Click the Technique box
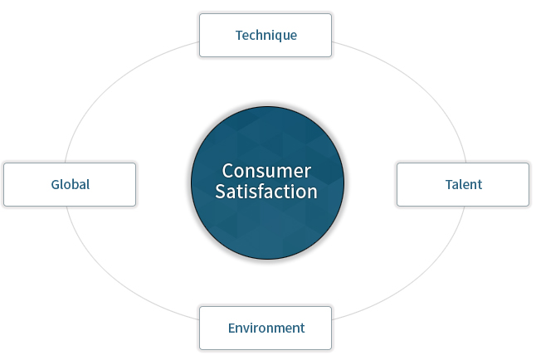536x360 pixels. point(266,35)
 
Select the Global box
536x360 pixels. point(70,185)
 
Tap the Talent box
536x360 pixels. point(463,185)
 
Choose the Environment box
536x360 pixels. point(266,328)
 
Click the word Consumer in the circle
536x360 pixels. point(266,171)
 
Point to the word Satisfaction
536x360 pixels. point(266,191)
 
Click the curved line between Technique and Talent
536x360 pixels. point(422,85)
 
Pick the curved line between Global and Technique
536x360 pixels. point(110,85)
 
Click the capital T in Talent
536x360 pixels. point(450,184)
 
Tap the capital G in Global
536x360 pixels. point(56,185)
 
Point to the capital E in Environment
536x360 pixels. point(231,328)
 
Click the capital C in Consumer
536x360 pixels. point(228,171)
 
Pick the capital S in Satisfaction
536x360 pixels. point(221,191)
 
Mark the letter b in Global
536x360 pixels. point(76,184)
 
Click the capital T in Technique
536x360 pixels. point(240,35)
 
